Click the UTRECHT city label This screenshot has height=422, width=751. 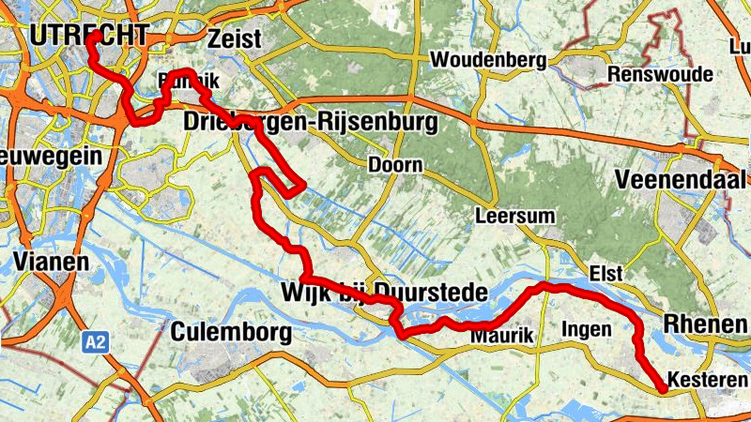(87, 36)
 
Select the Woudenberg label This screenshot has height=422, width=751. (488, 60)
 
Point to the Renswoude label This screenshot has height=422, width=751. (660, 74)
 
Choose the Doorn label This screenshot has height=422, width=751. (395, 165)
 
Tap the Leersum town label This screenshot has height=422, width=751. (515, 216)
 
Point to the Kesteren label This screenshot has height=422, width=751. (707, 380)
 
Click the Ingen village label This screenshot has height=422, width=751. (586, 329)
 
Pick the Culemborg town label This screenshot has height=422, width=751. (231, 332)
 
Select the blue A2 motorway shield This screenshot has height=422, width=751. (94, 342)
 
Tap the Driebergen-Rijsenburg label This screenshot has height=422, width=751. (311, 122)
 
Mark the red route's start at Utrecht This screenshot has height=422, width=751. (93, 36)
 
